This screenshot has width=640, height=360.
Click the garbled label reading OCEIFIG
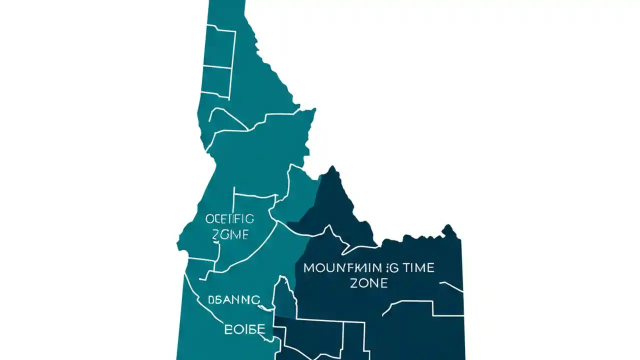coord(230,219)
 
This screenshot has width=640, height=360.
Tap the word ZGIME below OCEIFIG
coord(230,234)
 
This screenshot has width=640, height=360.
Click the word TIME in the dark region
coord(415,268)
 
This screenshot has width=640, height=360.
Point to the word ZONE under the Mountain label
coord(369,283)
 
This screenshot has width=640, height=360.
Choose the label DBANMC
coord(234,300)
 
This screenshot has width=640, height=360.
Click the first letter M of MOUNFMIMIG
coord(308,268)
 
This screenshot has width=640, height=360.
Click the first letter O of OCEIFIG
coord(209,219)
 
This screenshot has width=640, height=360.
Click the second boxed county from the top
coord(216,80)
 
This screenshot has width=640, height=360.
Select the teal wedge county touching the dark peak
coord(299,192)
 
